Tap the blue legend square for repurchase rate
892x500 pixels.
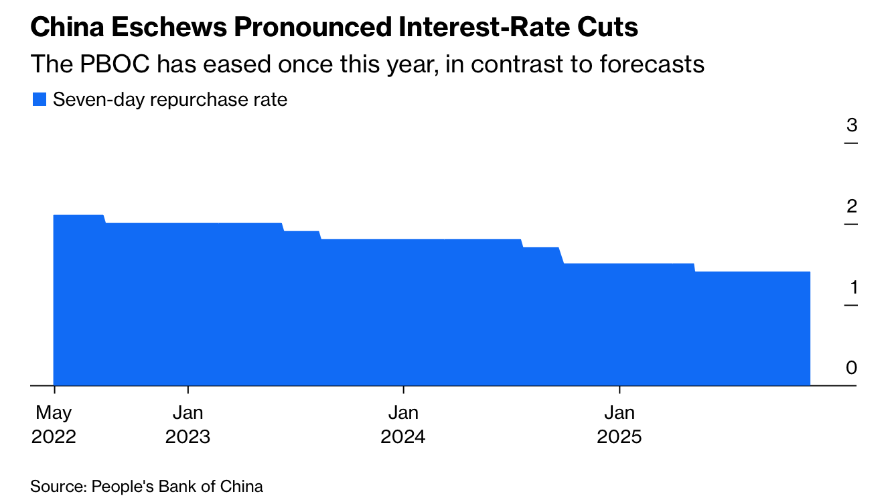point(40,100)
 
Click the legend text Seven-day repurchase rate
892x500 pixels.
point(170,100)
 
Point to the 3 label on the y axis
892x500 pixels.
point(851,125)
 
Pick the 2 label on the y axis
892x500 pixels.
point(851,206)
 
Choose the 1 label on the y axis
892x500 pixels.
point(852,288)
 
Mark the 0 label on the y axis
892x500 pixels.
point(851,368)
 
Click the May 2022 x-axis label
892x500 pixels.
point(54,424)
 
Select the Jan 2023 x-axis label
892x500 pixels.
point(188,424)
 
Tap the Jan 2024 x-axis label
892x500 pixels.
point(403,424)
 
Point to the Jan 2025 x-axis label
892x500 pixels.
point(619,424)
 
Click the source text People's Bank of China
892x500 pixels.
point(177,486)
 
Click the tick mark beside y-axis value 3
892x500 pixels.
point(850,143)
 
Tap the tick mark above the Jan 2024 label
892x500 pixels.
point(403,389)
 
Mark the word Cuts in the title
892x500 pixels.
point(605,27)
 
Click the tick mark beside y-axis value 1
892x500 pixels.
point(850,306)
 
